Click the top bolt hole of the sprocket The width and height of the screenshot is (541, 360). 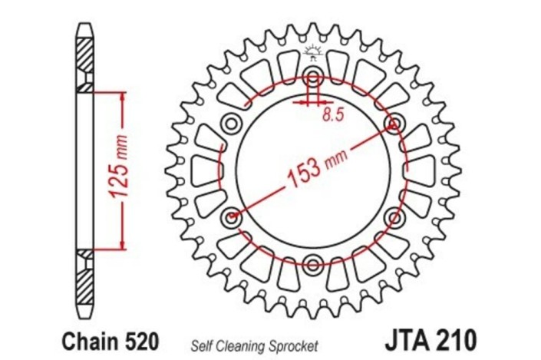pos(313,75)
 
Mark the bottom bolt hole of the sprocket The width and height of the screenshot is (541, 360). pos(313,263)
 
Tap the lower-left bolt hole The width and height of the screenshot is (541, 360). pos(232,216)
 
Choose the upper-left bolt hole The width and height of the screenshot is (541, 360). pos(232,123)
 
